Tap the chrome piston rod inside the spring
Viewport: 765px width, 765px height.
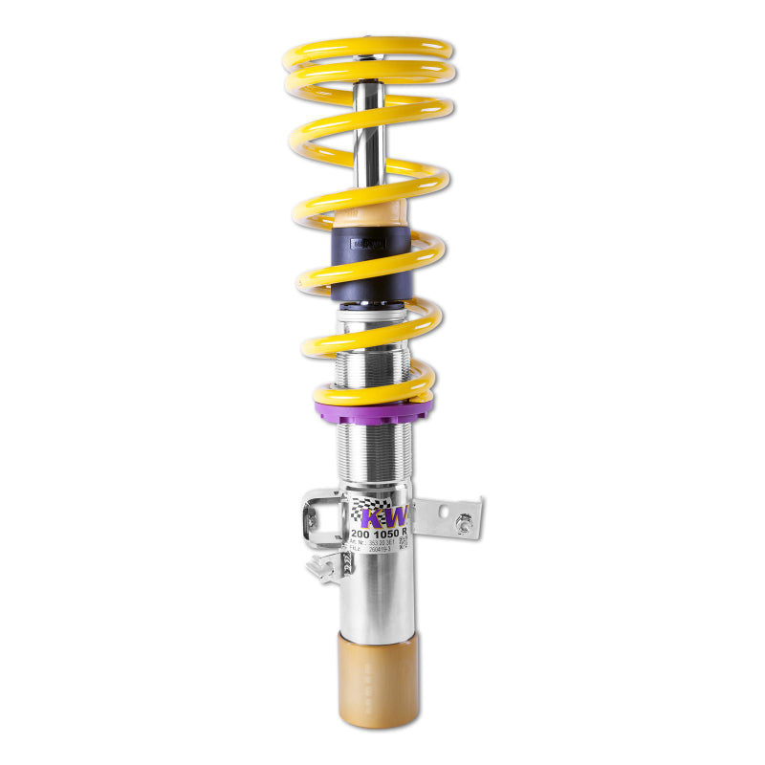click(368, 134)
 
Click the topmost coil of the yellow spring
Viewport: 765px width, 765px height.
click(368, 48)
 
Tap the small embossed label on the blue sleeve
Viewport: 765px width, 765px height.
click(367, 244)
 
